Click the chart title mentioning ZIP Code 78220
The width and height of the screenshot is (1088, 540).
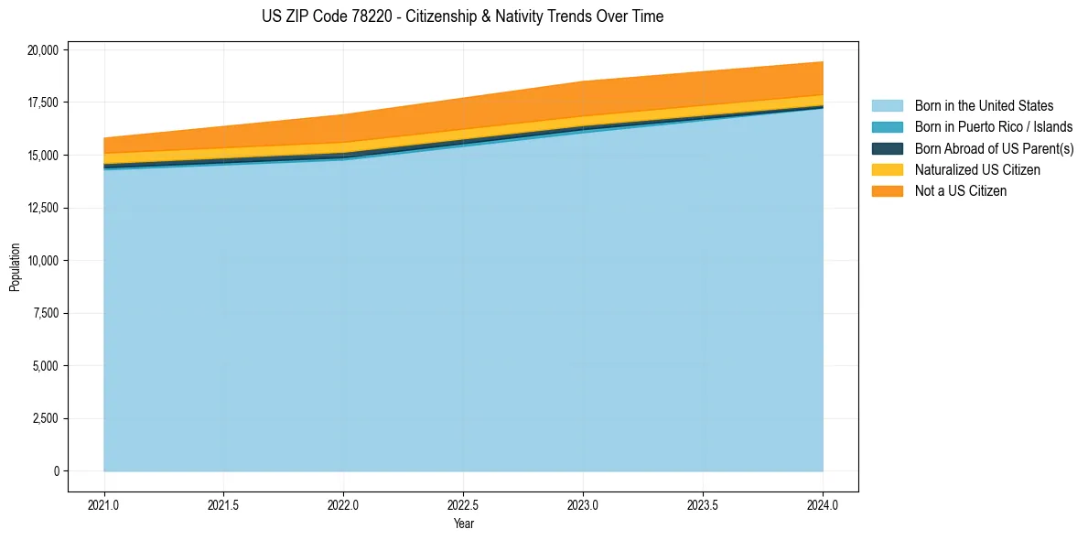coord(462,16)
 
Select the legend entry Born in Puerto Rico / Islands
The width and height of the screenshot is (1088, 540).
coord(994,127)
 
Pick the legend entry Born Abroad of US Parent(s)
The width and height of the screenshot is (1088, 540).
coord(994,148)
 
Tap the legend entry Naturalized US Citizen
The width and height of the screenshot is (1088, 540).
coord(977,169)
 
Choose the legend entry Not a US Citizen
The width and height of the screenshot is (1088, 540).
coord(961,191)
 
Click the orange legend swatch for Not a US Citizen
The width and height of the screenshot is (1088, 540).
coord(887,191)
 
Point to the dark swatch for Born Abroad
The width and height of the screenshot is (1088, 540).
coord(887,148)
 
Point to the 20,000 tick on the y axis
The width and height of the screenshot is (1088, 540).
coord(43,49)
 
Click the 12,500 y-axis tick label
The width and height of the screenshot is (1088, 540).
coord(43,208)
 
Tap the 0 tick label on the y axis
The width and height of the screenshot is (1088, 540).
coord(56,471)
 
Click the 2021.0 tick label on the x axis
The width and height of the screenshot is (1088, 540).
coord(103,504)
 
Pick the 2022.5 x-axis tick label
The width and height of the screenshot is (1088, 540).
coord(463,504)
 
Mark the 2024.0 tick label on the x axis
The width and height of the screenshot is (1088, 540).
coord(823,504)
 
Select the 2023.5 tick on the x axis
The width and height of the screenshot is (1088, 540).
coord(703,504)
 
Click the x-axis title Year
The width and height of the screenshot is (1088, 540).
coord(463,524)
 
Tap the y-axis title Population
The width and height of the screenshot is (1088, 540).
coord(15,267)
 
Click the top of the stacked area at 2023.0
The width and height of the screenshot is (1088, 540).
coord(583,81)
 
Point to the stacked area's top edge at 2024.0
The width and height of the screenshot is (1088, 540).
coord(822,62)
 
